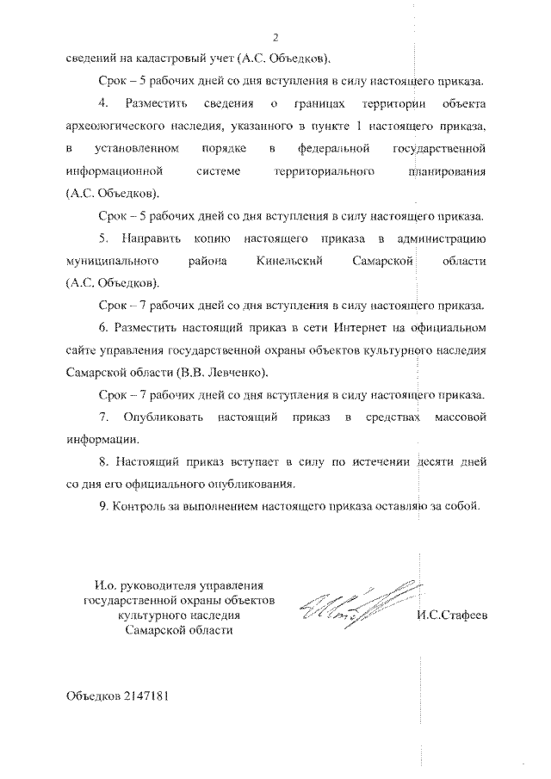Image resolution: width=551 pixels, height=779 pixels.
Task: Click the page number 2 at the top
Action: [276, 37]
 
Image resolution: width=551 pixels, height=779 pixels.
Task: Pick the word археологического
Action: [120, 127]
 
